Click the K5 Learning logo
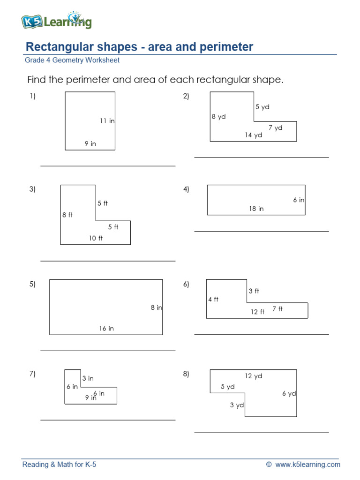pyautogui.click(x=56, y=21)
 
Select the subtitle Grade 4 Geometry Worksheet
pyautogui.click(x=72, y=60)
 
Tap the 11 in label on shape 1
pyautogui.click(x=107, y=121)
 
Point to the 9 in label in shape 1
pyautogui.click(x=90, y=144)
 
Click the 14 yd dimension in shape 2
pyautogui.click(x=253, y=135)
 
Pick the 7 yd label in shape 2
pyautogui.click(x=275, y=127)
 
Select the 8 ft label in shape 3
pyautogui.click(x=67, y=215)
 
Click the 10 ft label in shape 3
pyautogui.click(x=96, y=238)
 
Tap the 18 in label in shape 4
pyautogui.click(x=256, y=209)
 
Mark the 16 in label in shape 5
pyautogui.click(x=106, y=329)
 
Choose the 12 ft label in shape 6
pyautogui.click(x=257, y=312)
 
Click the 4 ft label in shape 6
pyautogui.click(x=213, y=300)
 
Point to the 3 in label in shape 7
pyautogui.click(x=88, y=378)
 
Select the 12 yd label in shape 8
pyautogui.click(x=253, y=376)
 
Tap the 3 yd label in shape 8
pyautogui.click(x=237, y=405)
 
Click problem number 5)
pyautogui.click(x=32, y=284)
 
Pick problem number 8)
pyautogui.click(x=186, y=374)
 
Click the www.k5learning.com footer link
pyautogui.click(x=307, y=465)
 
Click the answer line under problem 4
pyautogui.click(x=262, y=231)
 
